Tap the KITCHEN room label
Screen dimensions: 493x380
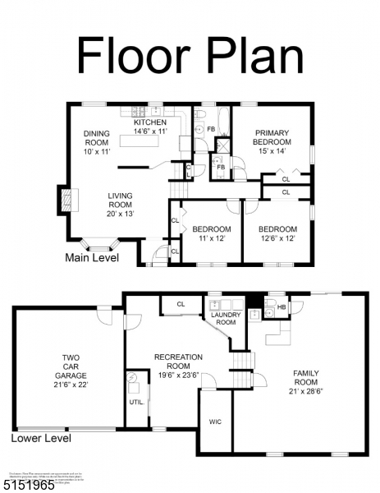click(x=150, y=126)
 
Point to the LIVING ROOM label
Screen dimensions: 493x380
click(x=119, y=205)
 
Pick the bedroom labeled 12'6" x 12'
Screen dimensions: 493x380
click(x=277, y=233)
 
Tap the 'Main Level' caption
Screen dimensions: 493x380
click(x=92, y=258)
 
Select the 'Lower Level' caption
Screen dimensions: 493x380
click(x=41, y=438)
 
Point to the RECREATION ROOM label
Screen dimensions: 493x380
click(x=178, y=362)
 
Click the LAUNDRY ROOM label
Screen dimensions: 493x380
click(x=225, y=318)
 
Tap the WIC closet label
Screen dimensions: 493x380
click(x=215, y=422)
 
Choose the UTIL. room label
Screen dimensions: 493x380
click(x=136, y=403)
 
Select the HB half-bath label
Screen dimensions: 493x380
click(x=281, y=307)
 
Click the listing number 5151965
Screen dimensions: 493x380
click(x=29, y=485)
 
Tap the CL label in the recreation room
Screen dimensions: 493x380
click(x=181, y=304)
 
